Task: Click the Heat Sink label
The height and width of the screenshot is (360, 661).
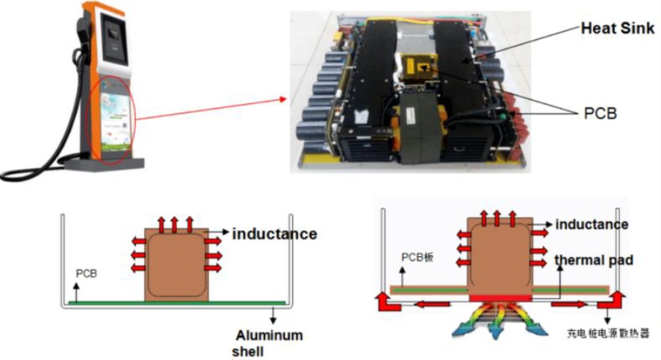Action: [617, 28]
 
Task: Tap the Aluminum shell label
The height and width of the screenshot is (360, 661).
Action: [269, 343]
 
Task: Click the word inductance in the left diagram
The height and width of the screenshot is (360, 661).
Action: [274, 234]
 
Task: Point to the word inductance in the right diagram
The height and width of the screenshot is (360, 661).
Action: [592, 224]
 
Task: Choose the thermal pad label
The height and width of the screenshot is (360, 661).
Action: [594, 260]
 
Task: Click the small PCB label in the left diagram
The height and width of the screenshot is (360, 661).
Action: [87, 274]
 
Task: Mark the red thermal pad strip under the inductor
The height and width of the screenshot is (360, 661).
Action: [500, 297]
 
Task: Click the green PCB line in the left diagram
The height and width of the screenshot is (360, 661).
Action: [172, 302]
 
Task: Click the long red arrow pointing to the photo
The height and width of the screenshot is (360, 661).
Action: [210, 108]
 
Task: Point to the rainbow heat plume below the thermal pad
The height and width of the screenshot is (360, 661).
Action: [500, 322]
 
